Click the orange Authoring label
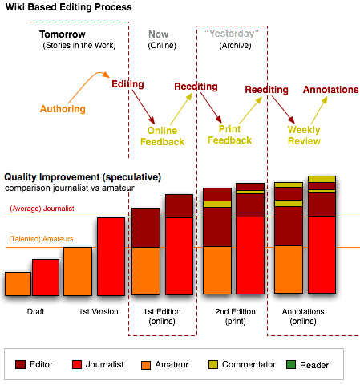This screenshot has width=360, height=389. tap(63, 109)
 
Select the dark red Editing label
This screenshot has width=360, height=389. tap(127, 84)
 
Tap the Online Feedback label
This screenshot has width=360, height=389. tap(163, 136)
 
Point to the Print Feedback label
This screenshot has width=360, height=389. tap(230, 135)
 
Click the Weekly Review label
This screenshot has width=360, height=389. tap(304, 136)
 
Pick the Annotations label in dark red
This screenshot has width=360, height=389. tap(331, 90)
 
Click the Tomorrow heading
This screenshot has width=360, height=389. tap(63, 34)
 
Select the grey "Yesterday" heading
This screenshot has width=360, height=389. tap(232, 34)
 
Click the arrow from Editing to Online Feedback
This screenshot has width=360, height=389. tap(144, 107)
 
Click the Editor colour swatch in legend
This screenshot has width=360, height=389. tap(21, 364)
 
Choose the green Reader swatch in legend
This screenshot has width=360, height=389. tap(291, 364)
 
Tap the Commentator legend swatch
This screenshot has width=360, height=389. tap(213, 364)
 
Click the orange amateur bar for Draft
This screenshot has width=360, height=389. tap(18, 284)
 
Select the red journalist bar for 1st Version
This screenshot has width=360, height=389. tap(111, 257)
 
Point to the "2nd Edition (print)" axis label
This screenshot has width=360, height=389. tap(236, 316)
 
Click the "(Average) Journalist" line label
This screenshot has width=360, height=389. tap(42, 209)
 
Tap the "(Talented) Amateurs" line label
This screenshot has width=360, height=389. tap(41, 239)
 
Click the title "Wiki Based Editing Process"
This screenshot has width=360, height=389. tap(69, 7)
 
